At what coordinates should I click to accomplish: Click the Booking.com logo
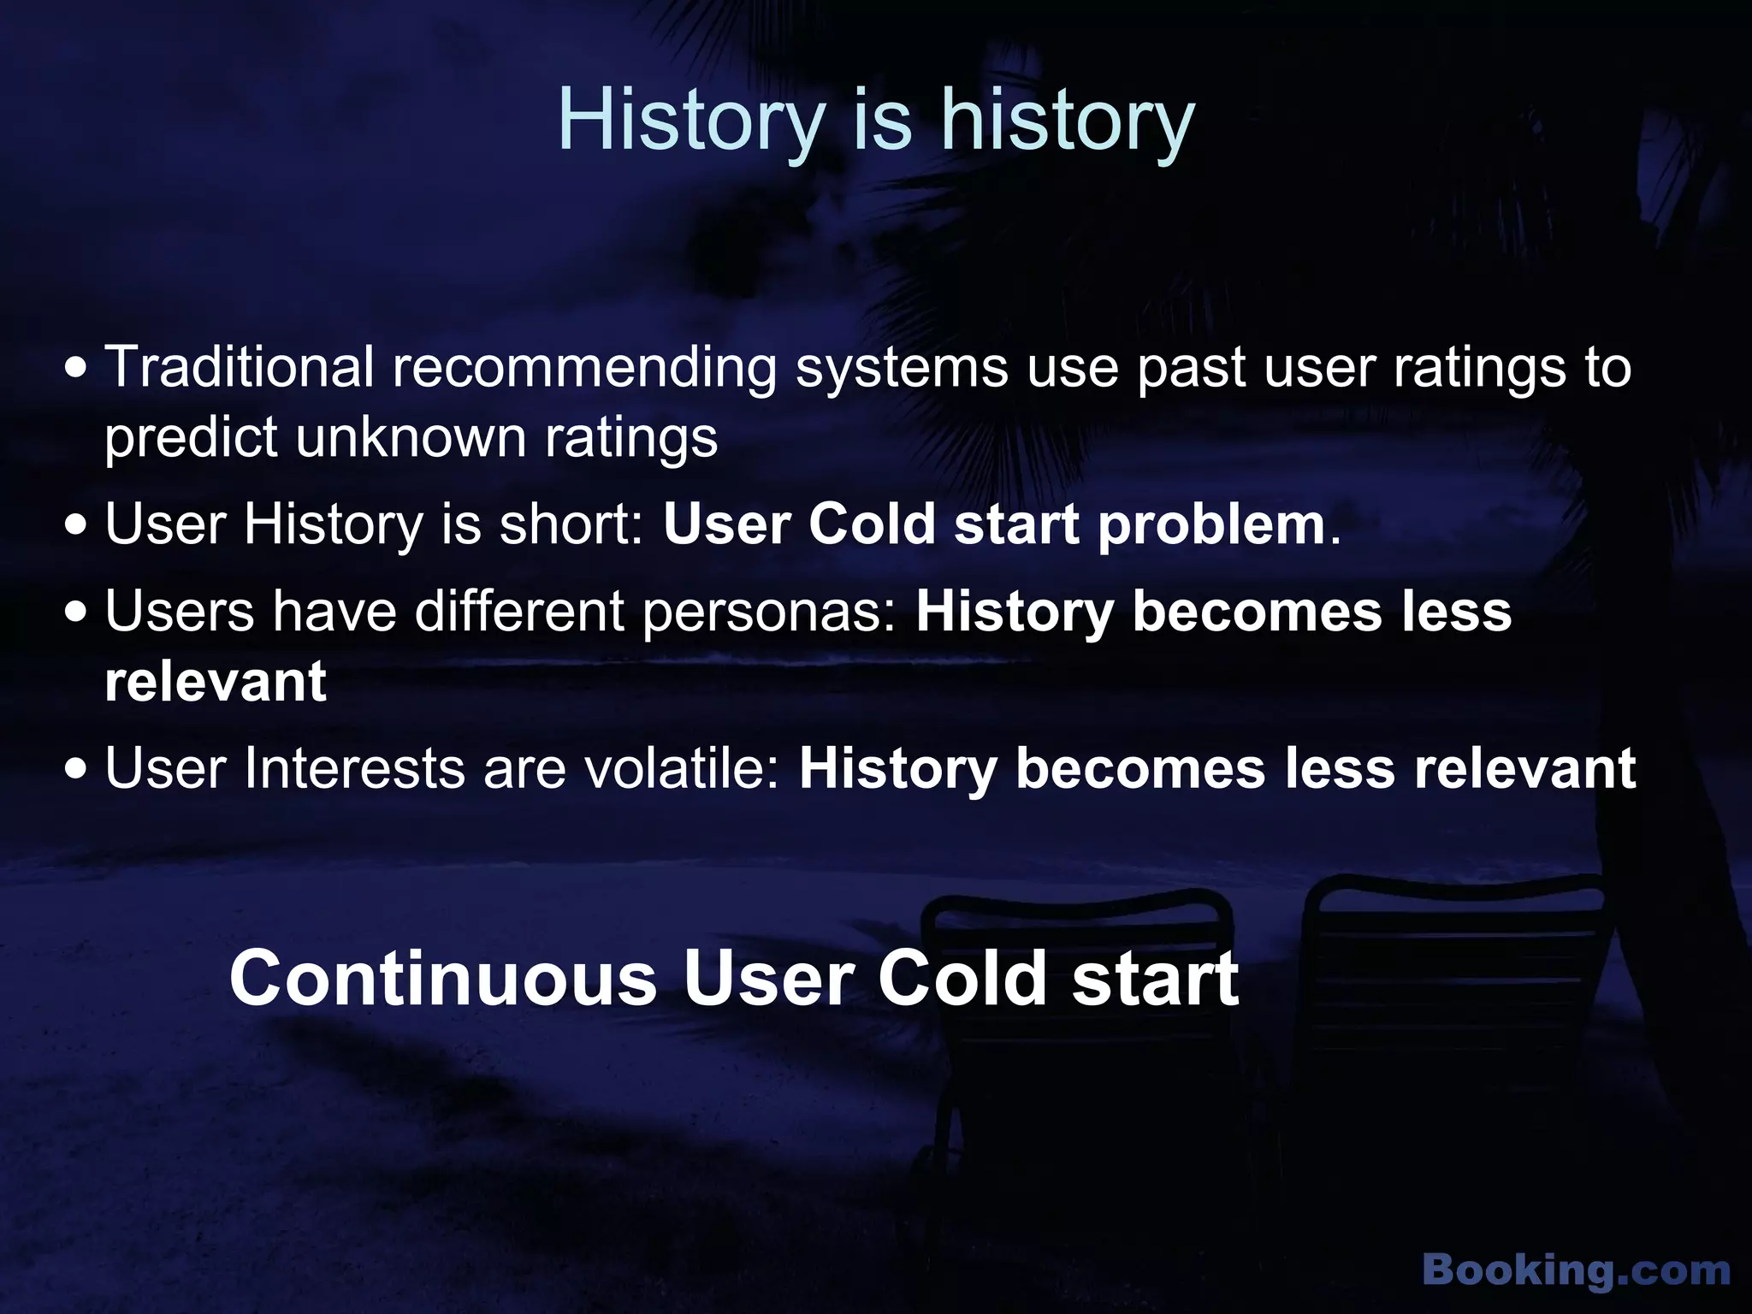click(1576, 1270)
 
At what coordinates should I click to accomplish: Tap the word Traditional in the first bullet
click(240, 367)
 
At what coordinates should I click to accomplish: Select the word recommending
click(584, 369)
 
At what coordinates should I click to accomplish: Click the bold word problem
click(1211, 525)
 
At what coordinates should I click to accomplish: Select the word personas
click(769, 613)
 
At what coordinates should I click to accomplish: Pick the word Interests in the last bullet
click(354, 768)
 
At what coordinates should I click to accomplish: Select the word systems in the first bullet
click(902, 369)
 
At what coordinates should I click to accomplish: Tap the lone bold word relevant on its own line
click(216, 682)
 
